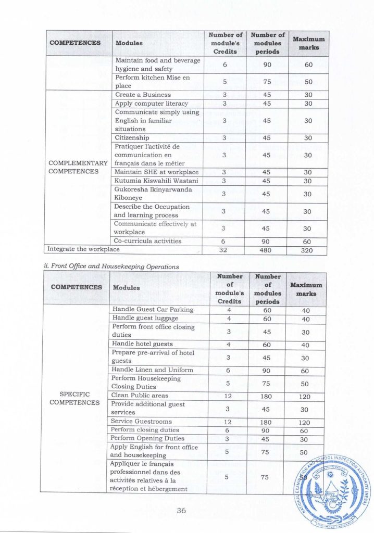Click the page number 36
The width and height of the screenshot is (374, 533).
click(181, 511)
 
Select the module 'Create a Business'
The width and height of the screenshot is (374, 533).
click(143, 95)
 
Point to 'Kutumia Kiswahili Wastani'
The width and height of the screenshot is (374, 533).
click(150, 181)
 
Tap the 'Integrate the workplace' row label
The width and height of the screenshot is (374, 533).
click(83, 249)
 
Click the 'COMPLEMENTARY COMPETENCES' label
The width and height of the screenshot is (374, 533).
click(78, 168)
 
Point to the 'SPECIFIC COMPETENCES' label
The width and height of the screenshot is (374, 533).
click(75, 398)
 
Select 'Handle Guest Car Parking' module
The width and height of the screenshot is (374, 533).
click(153, 310)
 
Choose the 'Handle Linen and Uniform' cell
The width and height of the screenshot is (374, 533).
click(153, 370)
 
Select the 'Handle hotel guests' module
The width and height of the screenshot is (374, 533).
click(142, 344)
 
